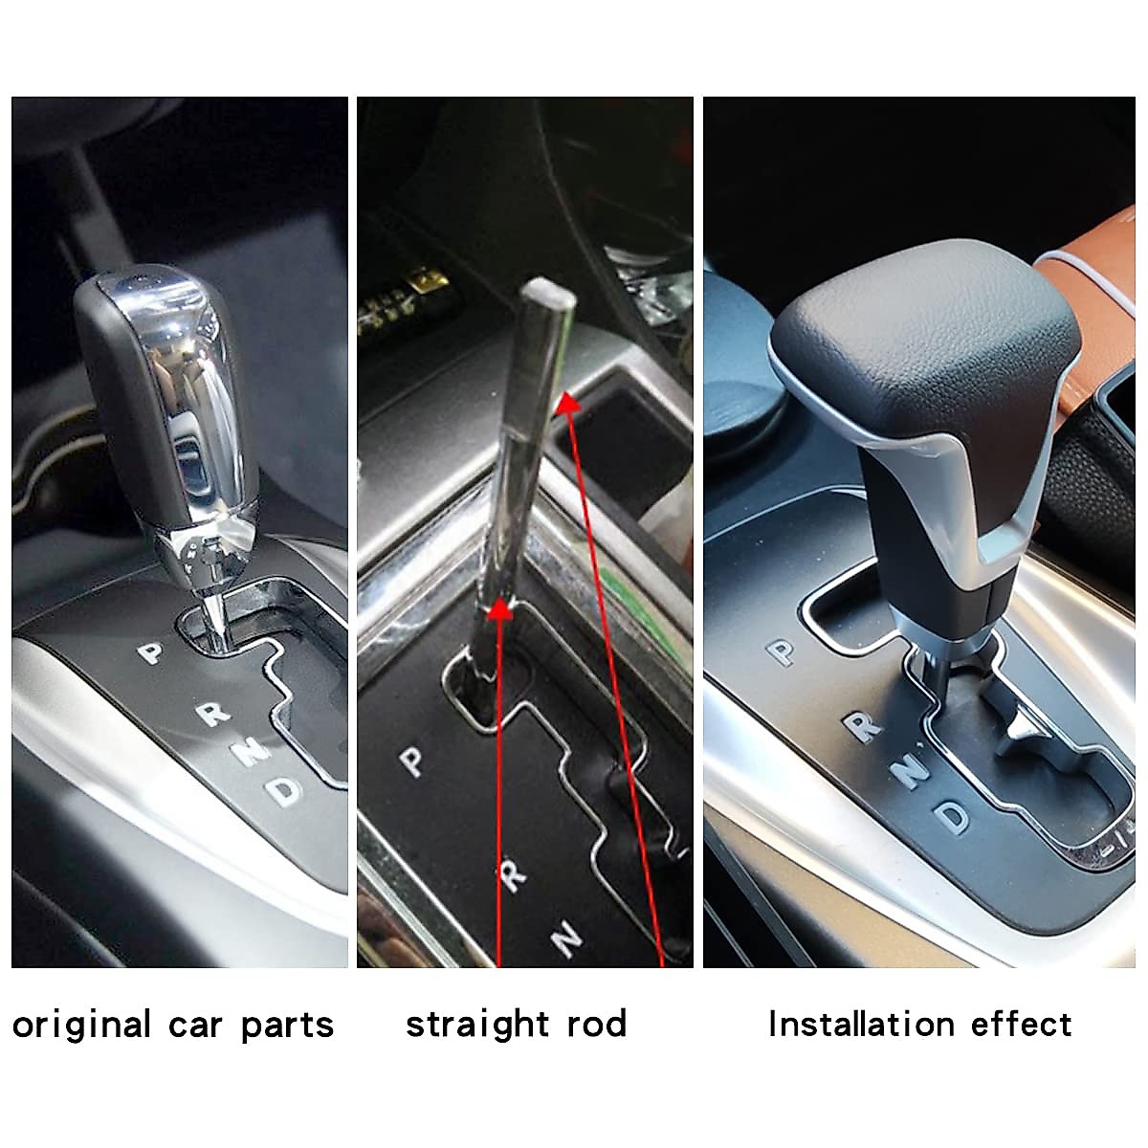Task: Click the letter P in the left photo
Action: [150, 653]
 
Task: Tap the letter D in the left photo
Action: [283, 789]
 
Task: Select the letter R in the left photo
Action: [215, 713]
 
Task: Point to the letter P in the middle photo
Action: [412, 762]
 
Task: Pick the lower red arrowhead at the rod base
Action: [498, 612]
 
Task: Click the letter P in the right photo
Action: [783, 652]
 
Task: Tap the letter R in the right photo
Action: [864, 726]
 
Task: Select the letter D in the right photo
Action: [954, 815]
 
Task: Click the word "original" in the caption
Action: [82, 1025]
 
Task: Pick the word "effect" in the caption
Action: [1021, 1024]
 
